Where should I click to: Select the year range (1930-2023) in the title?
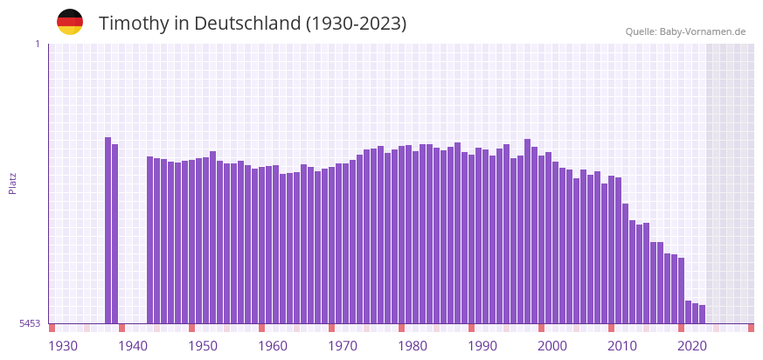pyautogui.click(x=356, y=24)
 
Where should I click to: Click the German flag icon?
pyautogui.click(x=70, y=22)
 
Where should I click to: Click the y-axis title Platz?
pyautogui.click(x=12, y=183)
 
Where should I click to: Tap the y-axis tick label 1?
pyautogui.click(x=37, y=44)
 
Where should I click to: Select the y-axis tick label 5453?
pyautogui.click(x=30, y=323)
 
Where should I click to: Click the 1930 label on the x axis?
pyautogui.click(x=63, y=346)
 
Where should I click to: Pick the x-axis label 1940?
pyautogui.click(x=133, y=346)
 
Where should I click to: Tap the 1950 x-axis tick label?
pyautogui.click(x=203, y=346)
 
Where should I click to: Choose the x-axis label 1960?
pyautogui.click(x=273, y=346)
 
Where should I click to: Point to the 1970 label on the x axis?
pyautogui.click(x=343, y=346)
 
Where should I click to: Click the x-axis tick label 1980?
pyautogui.click(x=413, y=346)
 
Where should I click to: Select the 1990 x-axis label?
pyautogui.click(x=482, y=346)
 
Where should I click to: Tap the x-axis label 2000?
pyautogui.click(x=552, y=346)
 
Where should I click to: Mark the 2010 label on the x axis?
pyautogui.click(x=622, y=346)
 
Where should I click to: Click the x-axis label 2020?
pyautogui.click(x=692, y=346)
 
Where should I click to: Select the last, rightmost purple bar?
pyautogui.click(x=702, y=315)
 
